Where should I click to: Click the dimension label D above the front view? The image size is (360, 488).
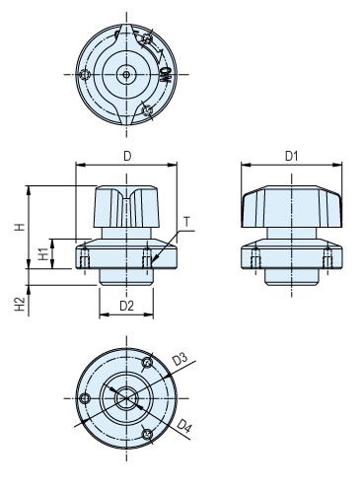click(126, 156)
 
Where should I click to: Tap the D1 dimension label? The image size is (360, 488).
click(292, 156)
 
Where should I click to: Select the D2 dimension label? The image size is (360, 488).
click(126, 306)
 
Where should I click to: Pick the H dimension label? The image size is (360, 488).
click(19, 226)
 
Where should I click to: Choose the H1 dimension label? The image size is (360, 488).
click(42, 253)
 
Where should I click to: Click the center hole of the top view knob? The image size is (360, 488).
click(126, 73)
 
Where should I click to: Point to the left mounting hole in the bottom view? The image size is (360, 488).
click(87, 397)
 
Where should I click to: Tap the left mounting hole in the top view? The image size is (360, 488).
click(88, 73)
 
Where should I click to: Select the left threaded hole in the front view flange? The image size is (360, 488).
click(87, 258)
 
